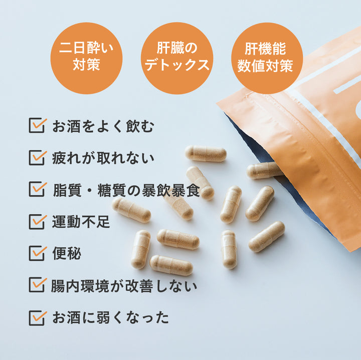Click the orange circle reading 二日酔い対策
click(x=86, y=58)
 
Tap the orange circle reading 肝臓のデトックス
click(x=177, y=58)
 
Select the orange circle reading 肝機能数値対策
click(x=267, y=58)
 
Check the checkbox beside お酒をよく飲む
click(x=37, y=125)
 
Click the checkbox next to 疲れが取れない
click(x=37, y=158)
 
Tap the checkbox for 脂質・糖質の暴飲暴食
click(x=37, y=189)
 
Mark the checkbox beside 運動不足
click(x=37, y=222)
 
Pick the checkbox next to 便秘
click(x=37, y=253)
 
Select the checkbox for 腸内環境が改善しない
click(x=37, y=284)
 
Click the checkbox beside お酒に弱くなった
click(x=37, y=318)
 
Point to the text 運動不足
click(x=81, y=222)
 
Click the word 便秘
click(x=67, y=253)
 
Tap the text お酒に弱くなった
click(x=110, y=318)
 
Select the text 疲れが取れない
click(x=103, y=158)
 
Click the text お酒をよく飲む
click(x=103, y=126)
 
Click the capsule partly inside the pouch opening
click(x=265, y=170)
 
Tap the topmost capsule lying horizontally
click(x=206, y=154)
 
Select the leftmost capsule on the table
click(x=131, y=210)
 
